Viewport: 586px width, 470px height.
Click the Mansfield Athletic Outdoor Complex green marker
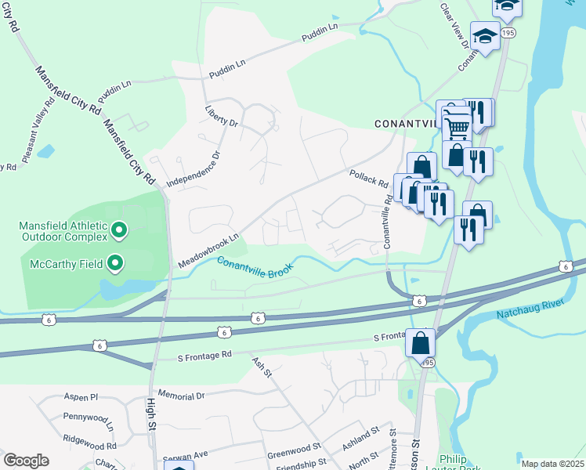click(x=119, y=230)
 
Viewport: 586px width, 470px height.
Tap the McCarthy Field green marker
click(x=116, y=263)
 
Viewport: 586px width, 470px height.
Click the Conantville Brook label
click(x=255, y=267)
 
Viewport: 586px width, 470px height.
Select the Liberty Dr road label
click(x=220, y=116)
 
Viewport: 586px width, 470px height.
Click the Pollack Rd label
click(x=369, y=179)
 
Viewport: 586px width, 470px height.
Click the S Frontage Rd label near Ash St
click(x=205, y=355)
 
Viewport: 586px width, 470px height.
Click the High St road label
click(x=151, y=414)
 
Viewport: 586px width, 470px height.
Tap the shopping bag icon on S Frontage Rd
click(x=421, y=342)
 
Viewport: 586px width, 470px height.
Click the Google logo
click(x=26, y=460)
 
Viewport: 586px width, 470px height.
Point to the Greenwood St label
click(x=294, y=450)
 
